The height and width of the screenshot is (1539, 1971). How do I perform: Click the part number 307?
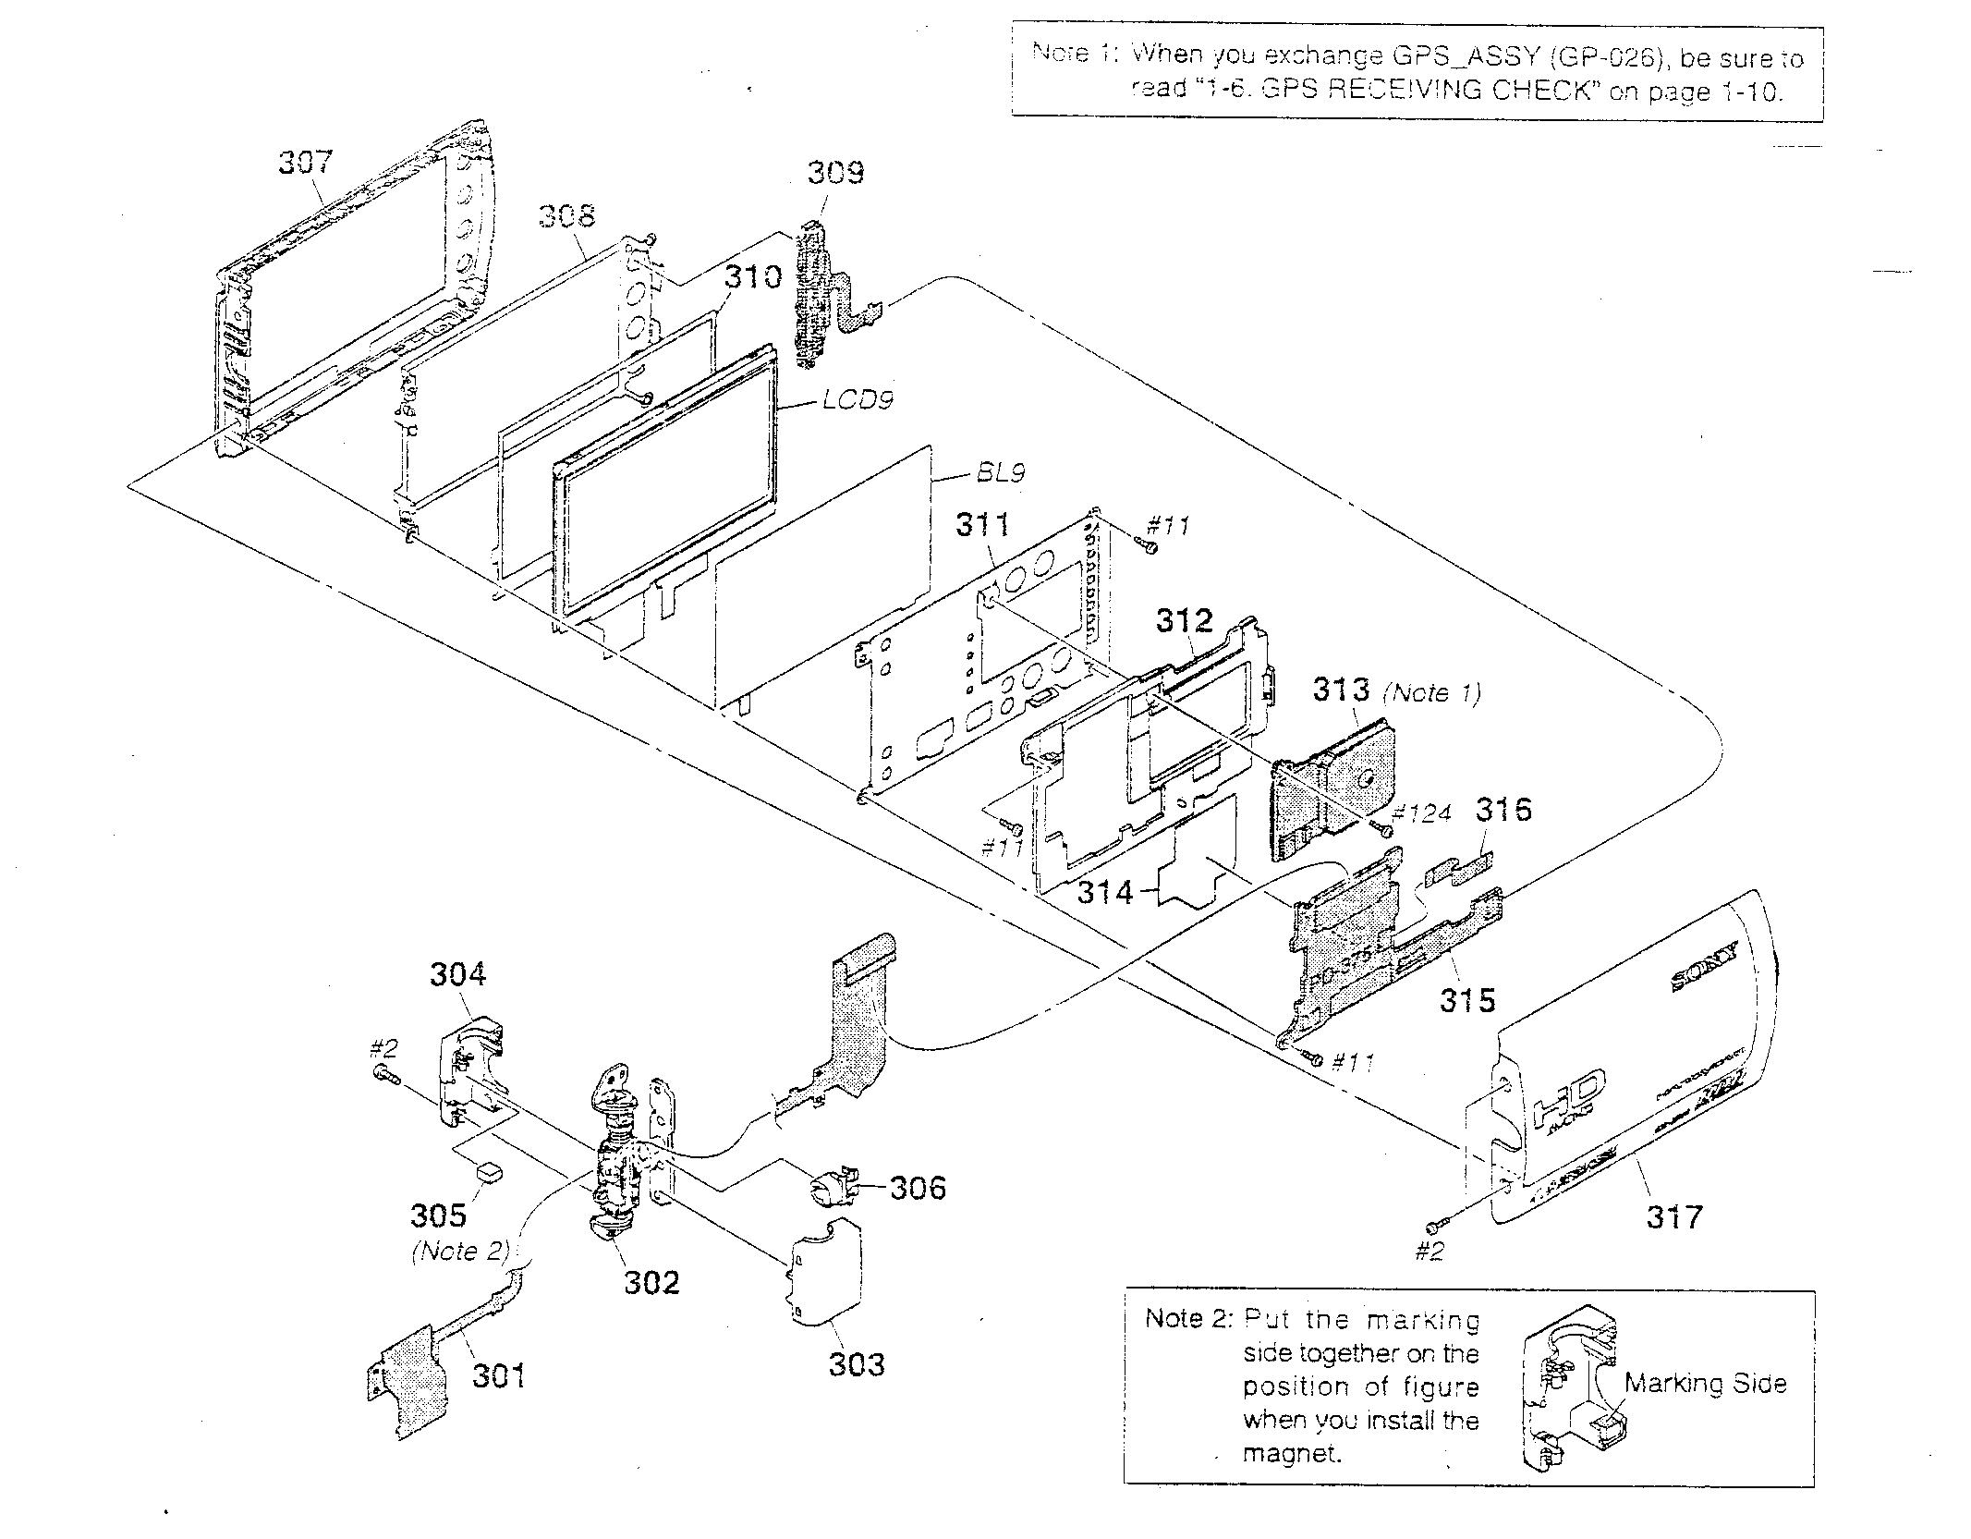click(305, 163)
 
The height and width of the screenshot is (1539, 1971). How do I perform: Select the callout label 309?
click(835, 172)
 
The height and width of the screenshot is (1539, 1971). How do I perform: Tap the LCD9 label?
click(857, 401)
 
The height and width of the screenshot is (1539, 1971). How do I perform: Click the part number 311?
click(982, 525)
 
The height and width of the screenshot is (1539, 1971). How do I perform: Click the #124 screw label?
click(1421, 812)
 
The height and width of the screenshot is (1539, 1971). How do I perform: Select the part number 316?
click(1503, 810)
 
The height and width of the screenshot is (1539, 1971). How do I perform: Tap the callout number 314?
click(1104, 892)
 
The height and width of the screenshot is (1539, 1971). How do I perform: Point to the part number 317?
click(1673, 1216)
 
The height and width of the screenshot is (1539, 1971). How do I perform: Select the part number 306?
click(917, 1188)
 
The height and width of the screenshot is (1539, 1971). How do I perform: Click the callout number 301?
click(499, 1375)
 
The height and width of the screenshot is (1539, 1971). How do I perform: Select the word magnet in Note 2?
click(1290, 1454)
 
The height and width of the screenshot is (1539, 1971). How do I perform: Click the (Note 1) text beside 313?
click(1431, 692)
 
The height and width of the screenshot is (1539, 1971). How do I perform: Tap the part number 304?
click(458, 974)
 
